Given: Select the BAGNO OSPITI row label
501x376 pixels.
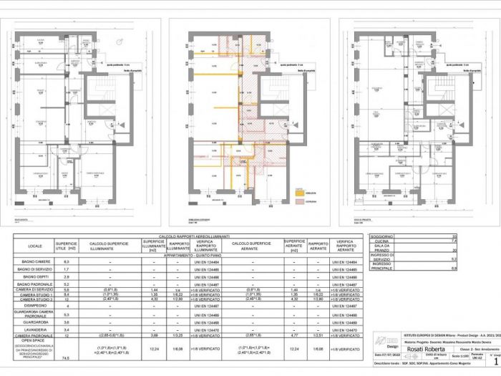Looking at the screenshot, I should tap(34, 276).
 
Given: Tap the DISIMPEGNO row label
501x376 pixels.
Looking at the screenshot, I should tap(34, 306).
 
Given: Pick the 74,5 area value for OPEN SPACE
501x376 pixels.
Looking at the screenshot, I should tap(66, 357).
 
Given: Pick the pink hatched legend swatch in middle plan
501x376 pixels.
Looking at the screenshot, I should tap(299, 201).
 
